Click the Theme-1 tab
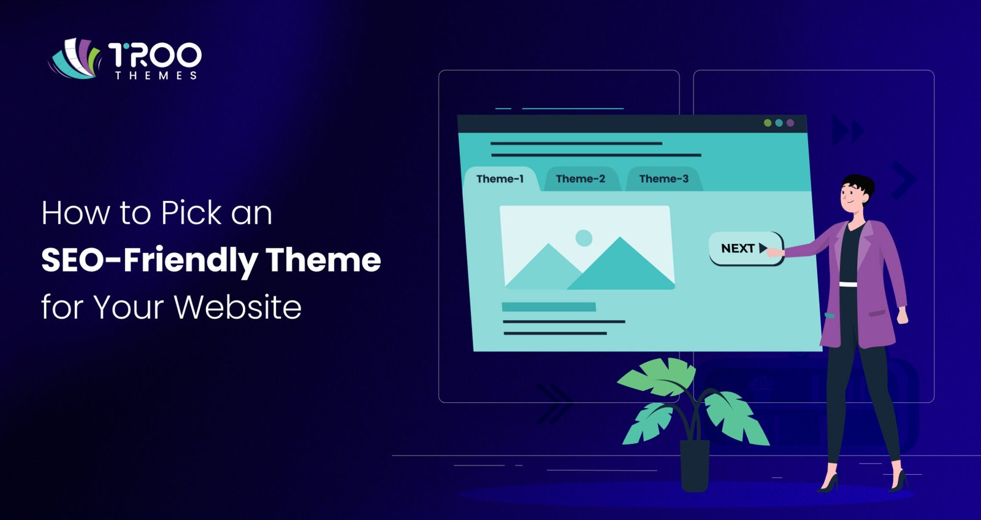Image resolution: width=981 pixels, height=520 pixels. (500, 179)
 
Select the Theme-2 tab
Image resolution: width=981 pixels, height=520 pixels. (580, 179)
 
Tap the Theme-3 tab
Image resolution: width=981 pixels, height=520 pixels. (663, 179)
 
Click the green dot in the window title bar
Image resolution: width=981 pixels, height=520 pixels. (767, 123)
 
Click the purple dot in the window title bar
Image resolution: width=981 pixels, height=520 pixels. (790, 123)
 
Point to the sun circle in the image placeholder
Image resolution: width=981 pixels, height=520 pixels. (584, 238)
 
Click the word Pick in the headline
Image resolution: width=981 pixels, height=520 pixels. (191, 213)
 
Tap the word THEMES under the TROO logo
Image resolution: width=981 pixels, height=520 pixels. (156, 75)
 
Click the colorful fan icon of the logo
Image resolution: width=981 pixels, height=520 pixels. (75, 59)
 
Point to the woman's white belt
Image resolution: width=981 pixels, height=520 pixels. (848, 284)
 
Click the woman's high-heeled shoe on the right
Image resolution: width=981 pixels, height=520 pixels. (899, 481)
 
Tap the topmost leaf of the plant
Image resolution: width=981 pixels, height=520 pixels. (659, 375)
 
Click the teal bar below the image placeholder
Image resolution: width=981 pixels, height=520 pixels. (549, 307)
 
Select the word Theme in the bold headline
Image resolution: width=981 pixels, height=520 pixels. (323, 260)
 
